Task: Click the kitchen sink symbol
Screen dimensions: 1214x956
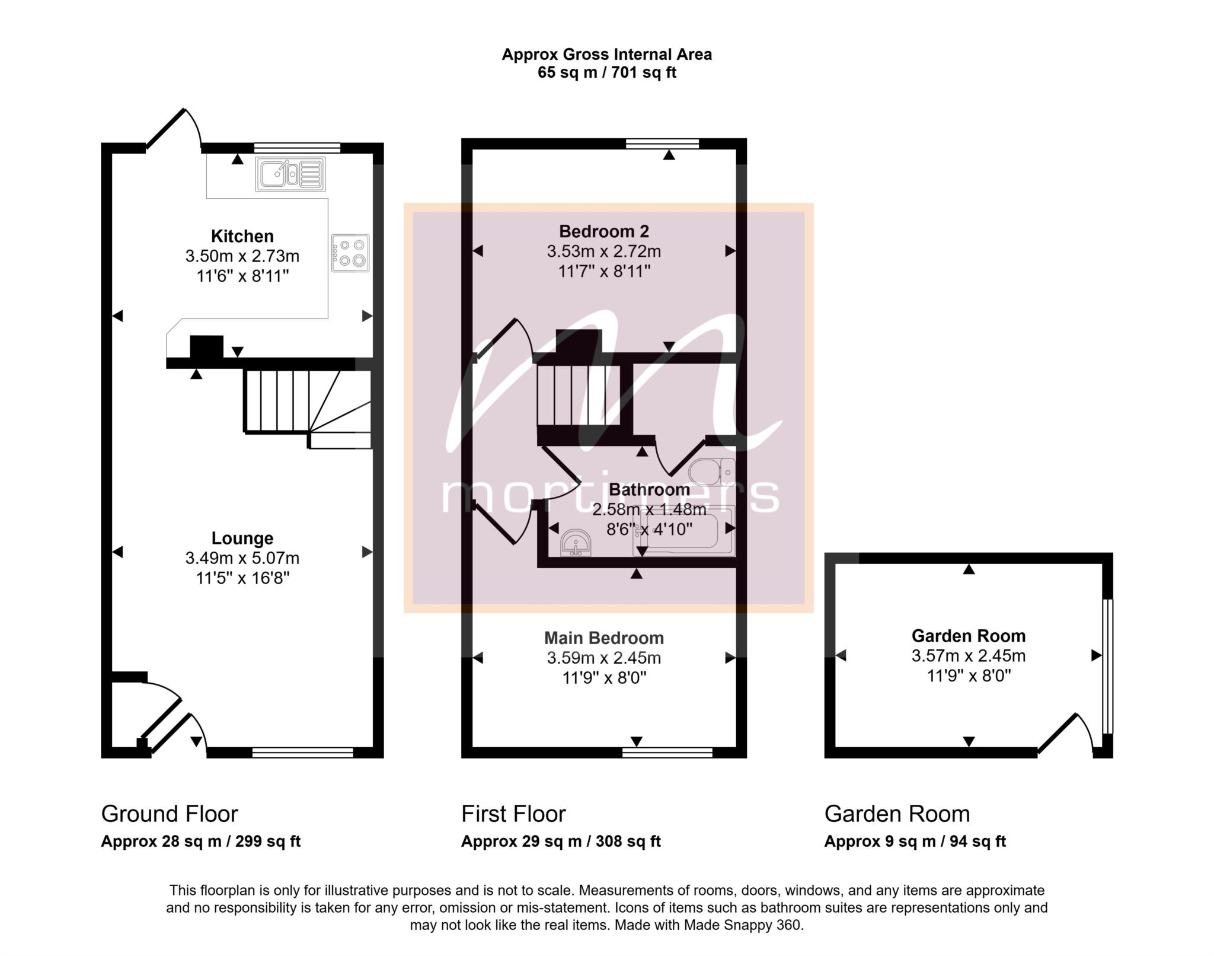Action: (x=290, y=174)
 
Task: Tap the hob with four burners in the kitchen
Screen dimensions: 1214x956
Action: (x=350, y=253)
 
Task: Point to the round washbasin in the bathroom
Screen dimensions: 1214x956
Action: (x=576, y=543)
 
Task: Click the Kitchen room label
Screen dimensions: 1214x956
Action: (x=242, y=236)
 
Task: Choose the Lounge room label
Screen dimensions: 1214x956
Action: (x=242, y=538)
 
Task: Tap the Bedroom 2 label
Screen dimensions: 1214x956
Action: (x=604, y=231)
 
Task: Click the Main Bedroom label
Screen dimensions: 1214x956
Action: (x=604, y=638)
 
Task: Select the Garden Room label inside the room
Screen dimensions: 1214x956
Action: (x=969, y=636)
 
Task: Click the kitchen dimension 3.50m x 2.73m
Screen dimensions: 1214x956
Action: (x=242, y=256)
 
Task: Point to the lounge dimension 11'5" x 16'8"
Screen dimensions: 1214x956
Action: (x=242, y=578)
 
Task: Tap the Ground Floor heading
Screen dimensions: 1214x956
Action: (x=170, y=814)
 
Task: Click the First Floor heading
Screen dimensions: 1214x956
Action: (x=513, y=814)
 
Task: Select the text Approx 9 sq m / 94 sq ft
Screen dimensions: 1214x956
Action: (x=915, y=841)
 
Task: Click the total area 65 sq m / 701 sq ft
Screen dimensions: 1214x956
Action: (x=607, y=72)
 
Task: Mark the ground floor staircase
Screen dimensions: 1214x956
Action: (x=308, y=409)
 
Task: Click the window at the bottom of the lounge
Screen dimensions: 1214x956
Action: (x=302, y=753)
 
